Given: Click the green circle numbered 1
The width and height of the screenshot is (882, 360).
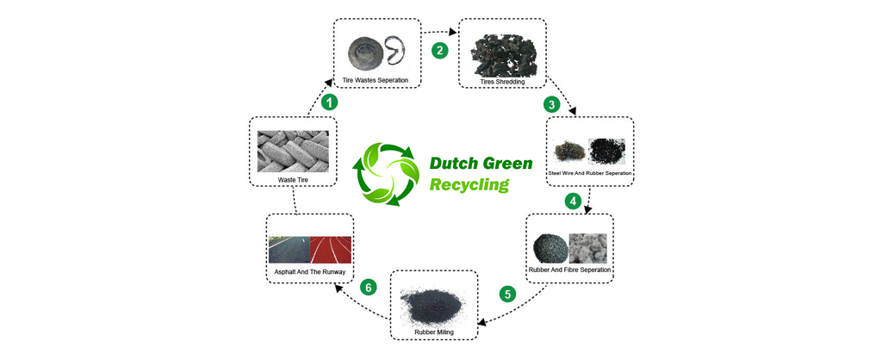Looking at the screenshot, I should (328, 102).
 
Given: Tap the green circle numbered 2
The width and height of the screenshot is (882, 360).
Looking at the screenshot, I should (439, 50).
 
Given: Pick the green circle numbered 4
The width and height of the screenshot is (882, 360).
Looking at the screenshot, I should (572, 202).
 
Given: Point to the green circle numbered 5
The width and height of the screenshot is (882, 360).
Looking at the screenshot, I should (507, 295).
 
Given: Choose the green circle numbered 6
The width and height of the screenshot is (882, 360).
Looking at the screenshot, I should (369, 287).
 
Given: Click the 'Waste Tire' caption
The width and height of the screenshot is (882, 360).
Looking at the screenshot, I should (293, 180).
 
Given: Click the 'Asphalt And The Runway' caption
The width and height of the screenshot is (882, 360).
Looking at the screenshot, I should (309, 272).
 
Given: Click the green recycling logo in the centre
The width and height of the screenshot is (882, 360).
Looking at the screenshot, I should (387, 172).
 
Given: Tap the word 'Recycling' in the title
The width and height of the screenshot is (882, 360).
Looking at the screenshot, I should (469, 184).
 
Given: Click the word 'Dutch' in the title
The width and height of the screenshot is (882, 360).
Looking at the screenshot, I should (456, 163).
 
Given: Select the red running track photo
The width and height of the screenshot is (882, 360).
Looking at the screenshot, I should (331, 250).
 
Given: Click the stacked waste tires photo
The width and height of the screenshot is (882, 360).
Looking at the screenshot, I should (293, 151).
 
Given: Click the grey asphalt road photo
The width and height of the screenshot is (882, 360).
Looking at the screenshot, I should (289, 250).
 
